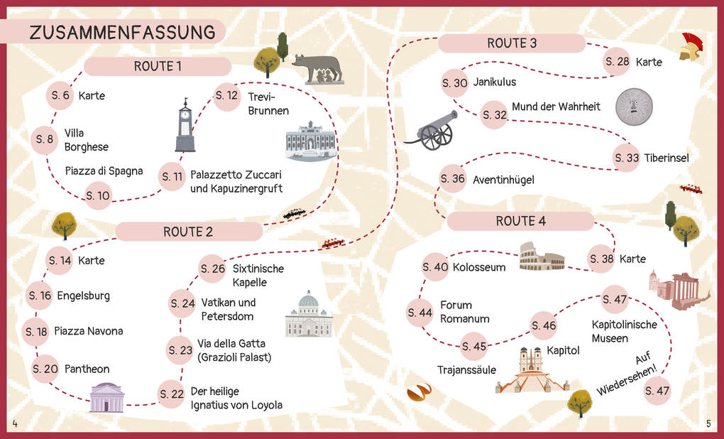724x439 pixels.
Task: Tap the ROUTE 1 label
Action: click(x=158, y=66)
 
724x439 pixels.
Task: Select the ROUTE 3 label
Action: click(x=511, y=43)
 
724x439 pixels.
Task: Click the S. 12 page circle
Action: click(x=226, y=96)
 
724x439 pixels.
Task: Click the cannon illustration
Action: click(x=430, y=129)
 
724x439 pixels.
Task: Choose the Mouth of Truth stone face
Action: click(x=633, y=107)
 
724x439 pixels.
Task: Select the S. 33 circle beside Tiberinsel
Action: click(x=627, y=158)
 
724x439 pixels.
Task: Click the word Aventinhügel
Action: click(x=503, y=180)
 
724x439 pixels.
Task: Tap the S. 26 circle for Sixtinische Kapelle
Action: click(x=213, y=269)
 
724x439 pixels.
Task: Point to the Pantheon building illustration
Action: click(x=107, y=397)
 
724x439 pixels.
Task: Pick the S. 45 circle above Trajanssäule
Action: click(x=474, y=347)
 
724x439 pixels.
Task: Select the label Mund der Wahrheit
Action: click(x=556, y=107)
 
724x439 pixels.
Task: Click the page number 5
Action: click(x=708, y=424)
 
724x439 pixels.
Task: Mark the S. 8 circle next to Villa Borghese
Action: click(x=45, y=140)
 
